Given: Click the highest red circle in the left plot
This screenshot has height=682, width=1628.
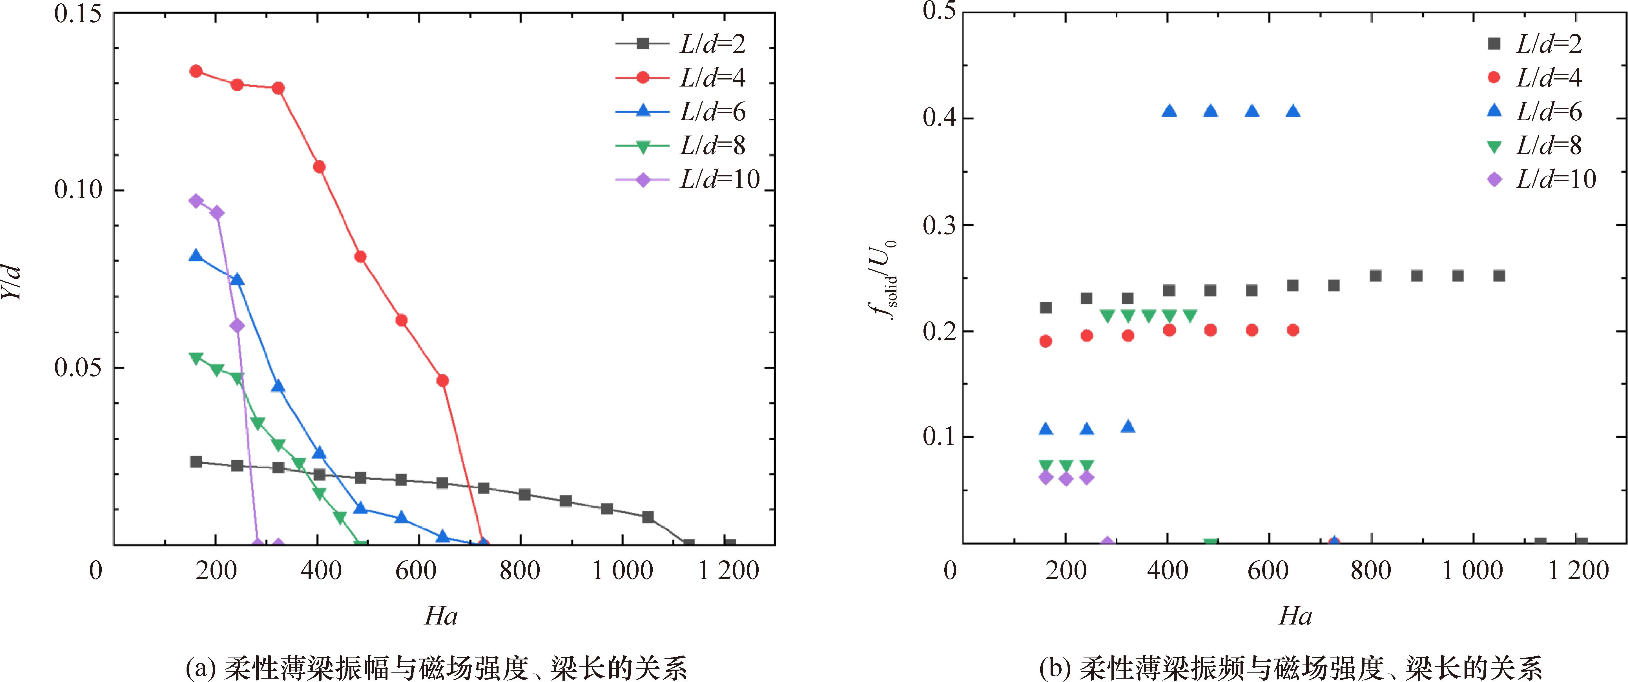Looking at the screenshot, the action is tap(196, 71).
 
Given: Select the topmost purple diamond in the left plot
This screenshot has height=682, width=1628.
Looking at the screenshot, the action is tap(196, 201).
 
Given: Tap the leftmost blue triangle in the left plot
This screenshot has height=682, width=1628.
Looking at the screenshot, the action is tap(196, 255).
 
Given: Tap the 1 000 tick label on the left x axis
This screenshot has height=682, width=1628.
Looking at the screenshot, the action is tap(623, 571).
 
